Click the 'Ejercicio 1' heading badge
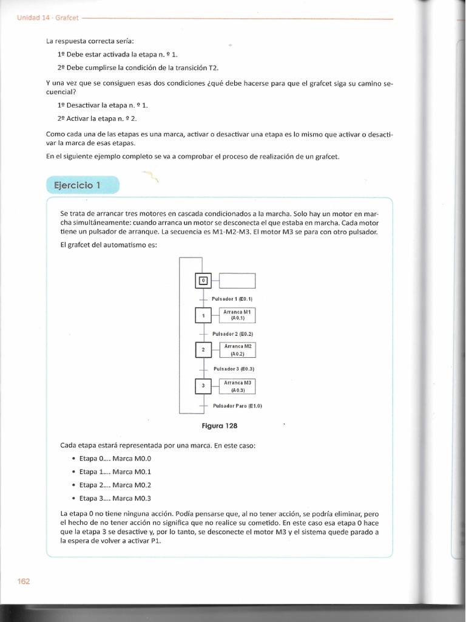click(x=83, y=185)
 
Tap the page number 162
click(x=24, y=581)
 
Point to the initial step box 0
click(x=203, y=280)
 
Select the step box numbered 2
click(x=203, y=350)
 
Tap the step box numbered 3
click(x=203, y=386)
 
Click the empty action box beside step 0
click(x=237, y=280)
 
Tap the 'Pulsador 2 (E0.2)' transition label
click(x=232, y=334)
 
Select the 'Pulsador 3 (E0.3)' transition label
click(x=234, y=369)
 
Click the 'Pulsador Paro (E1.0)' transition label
click(x=237, y=405)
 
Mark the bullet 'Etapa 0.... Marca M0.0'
click(x=106, y=459)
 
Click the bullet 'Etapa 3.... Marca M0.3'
click(x=106, y=498)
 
